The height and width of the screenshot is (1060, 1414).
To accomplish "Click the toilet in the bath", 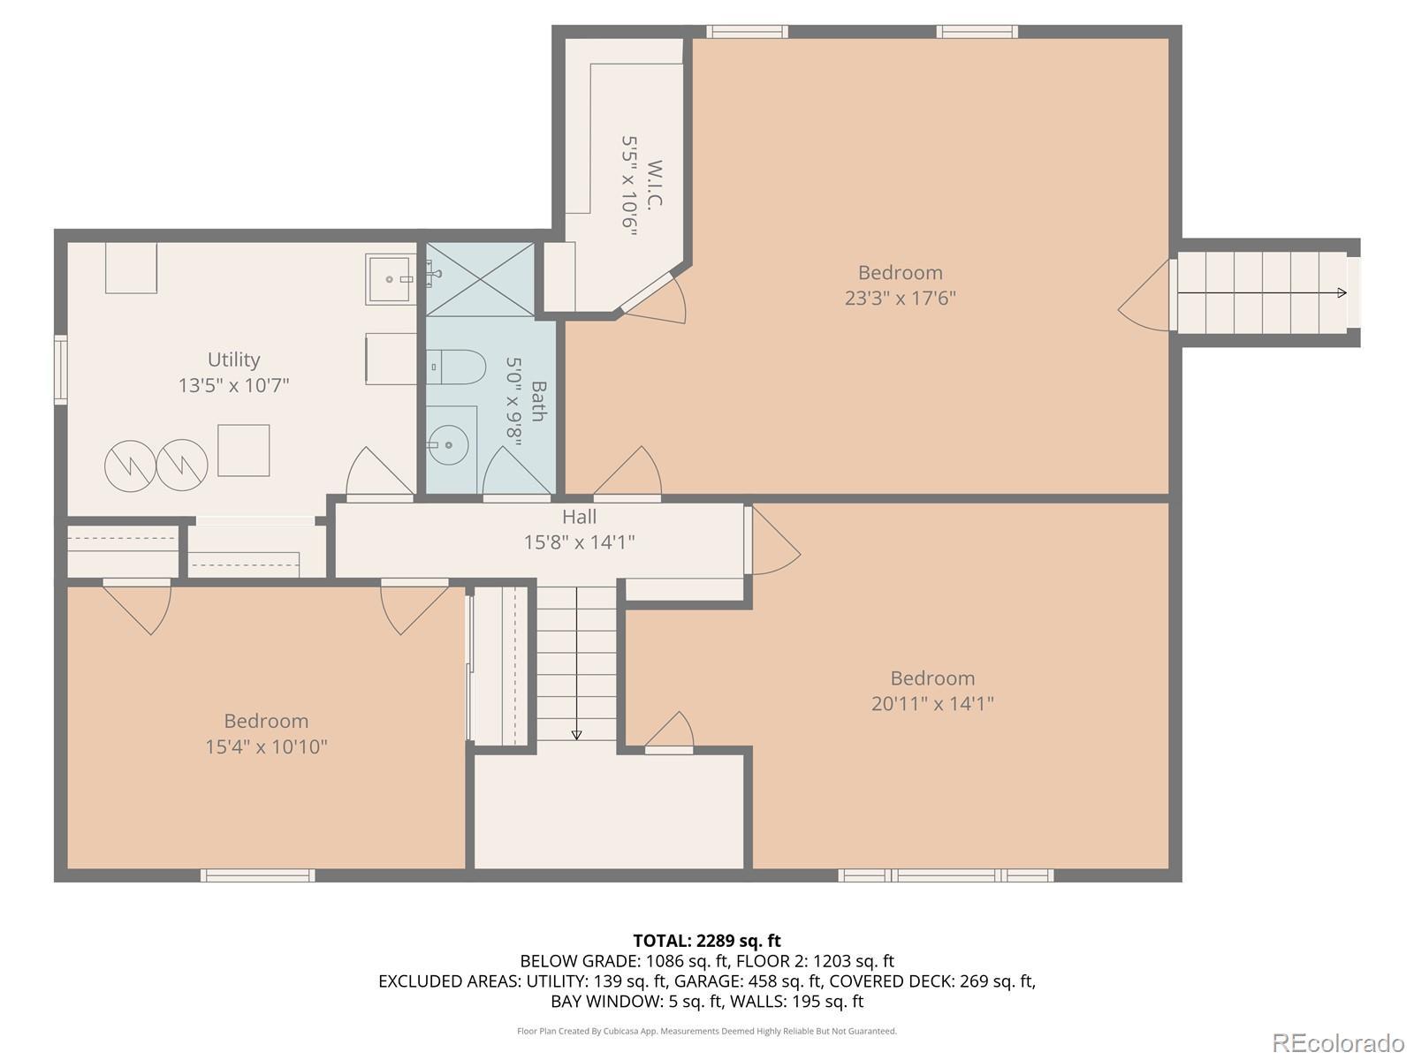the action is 455,367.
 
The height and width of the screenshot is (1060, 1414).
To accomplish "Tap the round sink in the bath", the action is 448,444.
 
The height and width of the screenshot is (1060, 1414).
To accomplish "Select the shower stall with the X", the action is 481,279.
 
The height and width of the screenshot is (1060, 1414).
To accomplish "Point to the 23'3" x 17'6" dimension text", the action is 900,298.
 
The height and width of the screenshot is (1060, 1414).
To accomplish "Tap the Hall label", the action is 579,516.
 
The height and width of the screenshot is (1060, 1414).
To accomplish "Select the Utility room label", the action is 233,360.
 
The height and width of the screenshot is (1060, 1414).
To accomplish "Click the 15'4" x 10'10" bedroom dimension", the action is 266,746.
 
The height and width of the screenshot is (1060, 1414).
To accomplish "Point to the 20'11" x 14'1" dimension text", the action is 932,703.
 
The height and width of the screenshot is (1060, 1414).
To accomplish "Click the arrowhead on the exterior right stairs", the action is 1342,293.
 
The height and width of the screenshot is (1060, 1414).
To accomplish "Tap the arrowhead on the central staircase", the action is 576,735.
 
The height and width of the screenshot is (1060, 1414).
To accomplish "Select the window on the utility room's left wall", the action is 61,369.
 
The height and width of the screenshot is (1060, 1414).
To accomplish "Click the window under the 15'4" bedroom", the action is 258,875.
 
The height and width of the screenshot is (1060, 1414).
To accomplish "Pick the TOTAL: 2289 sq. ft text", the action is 707,941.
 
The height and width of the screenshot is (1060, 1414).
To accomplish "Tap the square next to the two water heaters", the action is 244,450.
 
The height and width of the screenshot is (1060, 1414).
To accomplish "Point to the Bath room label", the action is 538,401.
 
